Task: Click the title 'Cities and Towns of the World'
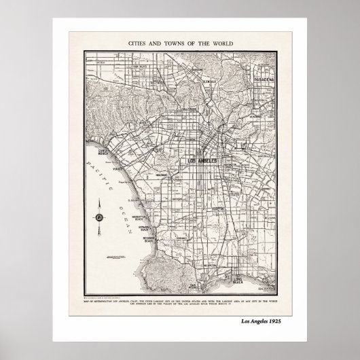pos(180,42)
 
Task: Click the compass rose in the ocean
pos(100,217)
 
